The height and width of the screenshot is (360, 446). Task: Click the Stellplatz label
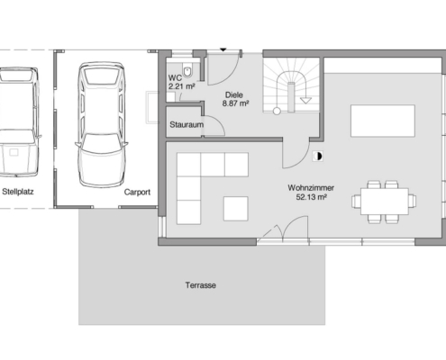coord(18,192)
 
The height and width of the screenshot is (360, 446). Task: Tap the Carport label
coord(137,192)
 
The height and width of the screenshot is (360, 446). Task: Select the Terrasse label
coord(201,285)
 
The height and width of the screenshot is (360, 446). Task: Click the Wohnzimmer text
coord(311,188)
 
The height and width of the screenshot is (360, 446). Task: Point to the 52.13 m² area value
coord(312,197)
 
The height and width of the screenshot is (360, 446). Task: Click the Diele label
coord(234,95)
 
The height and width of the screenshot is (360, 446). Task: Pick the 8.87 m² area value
coord(235,103)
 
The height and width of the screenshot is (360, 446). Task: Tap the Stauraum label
coord(187,124)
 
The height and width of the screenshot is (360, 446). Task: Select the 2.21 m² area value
coord(182,86)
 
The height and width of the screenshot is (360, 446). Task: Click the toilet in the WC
coord(188,71)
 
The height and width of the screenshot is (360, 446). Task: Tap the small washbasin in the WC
coord(171,97)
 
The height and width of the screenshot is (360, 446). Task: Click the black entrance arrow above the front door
coord(223,49)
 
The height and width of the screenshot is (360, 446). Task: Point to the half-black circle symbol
coord(318,157)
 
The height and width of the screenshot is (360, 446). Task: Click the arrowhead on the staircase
coord(306,100)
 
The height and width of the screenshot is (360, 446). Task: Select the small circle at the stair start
coord(277,111)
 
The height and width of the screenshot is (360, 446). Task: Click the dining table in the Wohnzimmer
coord(385,201)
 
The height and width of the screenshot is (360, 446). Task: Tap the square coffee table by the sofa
coord(236,209)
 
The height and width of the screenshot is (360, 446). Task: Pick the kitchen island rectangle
coord(383,121)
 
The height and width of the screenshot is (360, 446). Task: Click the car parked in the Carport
coord(102,125)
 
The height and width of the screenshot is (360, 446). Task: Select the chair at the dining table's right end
coord(413,201)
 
